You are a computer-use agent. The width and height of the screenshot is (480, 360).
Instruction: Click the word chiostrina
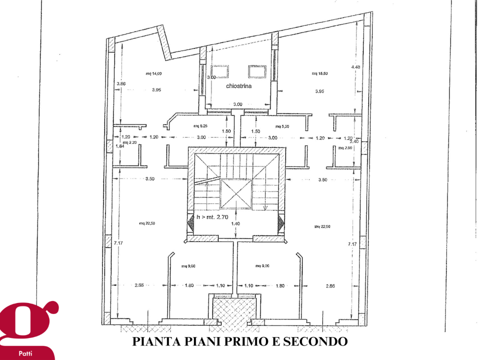(238, 86)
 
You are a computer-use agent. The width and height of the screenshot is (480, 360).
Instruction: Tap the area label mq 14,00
(153, 73)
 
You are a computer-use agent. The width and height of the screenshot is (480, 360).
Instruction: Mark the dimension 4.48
(355, 67)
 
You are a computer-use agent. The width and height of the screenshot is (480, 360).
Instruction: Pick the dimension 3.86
(121, 83)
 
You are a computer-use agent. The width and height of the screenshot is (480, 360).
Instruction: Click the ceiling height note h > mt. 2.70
(213, 217)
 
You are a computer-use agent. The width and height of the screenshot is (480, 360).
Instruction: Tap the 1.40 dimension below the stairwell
(235, 224)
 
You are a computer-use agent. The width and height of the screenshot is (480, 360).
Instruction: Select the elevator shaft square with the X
(235, 194)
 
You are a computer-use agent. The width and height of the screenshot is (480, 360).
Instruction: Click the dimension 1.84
(119, 146)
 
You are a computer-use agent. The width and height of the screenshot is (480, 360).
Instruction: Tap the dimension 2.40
(355, 141)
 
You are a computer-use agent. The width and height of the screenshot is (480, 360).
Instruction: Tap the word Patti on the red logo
(25, 353)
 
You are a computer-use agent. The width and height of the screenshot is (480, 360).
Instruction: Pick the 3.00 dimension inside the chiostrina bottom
(238, 104)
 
